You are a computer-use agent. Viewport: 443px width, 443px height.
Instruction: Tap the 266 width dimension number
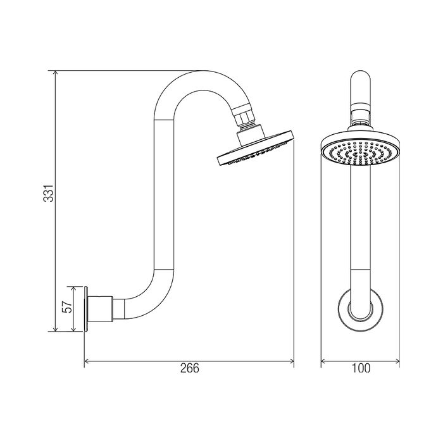pos(190,368)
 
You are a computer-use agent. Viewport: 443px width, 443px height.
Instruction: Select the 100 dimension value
pos(361,368)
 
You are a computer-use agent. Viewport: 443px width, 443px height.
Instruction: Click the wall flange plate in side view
pos(86,309)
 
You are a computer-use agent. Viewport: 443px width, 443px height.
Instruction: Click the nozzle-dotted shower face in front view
pos(361,153)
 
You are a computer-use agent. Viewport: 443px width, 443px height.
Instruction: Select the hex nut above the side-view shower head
pos(246,118)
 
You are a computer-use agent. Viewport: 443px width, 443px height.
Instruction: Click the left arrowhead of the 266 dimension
pos(87,361)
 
